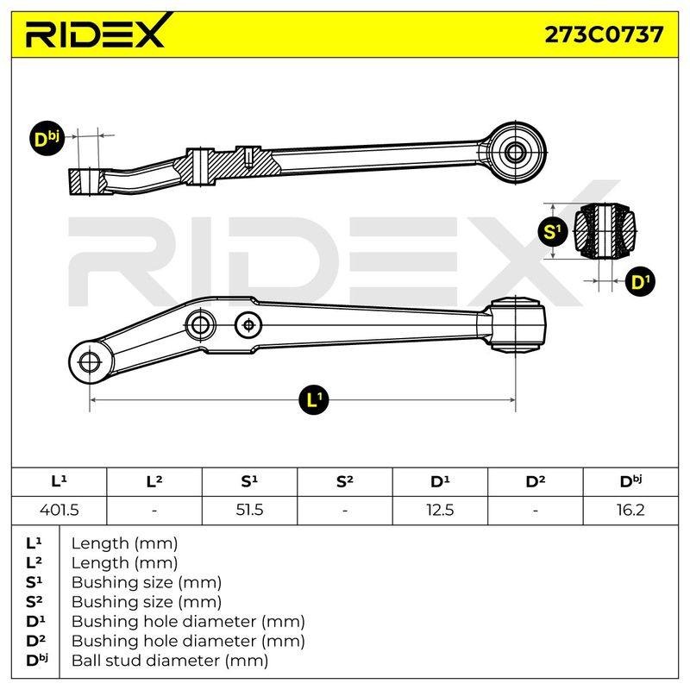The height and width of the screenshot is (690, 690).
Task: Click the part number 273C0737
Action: coord(603,34)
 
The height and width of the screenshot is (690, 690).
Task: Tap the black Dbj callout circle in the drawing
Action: coord(47,138)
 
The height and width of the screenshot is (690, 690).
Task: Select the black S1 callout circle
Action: coord(553,231)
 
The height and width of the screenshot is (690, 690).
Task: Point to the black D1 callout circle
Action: coord(640,281)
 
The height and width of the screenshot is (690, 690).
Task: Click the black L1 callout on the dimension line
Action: coord(313,399)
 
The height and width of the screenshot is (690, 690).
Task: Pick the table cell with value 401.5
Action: coord(59,510)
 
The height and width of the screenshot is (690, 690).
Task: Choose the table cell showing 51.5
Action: coord(249,510)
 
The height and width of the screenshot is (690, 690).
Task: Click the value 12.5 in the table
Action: coord(440,510)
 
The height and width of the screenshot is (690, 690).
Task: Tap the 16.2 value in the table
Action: coord(630,510)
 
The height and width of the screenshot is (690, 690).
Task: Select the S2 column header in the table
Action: coord(344,481)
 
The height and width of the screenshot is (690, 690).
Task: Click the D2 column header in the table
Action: coord(535,481)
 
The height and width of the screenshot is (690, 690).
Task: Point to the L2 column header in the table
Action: coord(154,481)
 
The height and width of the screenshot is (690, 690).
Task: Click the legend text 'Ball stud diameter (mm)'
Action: coord(170,661)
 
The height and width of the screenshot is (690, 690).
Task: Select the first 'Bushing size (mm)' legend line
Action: coord(146,582)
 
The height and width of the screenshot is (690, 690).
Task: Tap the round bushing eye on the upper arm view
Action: coord(514,153)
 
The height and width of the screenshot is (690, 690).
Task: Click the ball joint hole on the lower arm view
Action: coord(90,362)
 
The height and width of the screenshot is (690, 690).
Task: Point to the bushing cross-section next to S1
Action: coord(605,231)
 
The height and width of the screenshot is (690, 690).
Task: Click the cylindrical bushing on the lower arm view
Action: coord(517,325)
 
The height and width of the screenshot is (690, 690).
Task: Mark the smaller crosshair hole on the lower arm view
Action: coord(248,326)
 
